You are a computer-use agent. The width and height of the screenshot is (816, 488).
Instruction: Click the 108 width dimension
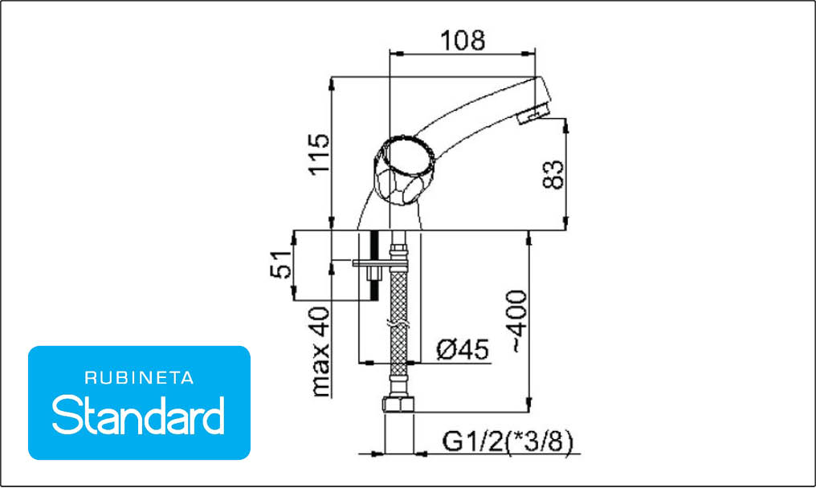pyautogui.click(x=463, y=41)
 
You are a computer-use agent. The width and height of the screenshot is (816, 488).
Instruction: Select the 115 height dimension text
pyautogui.click(x=320, y=155)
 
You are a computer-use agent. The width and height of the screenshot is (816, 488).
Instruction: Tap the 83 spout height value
pyautogui.click(x=553, y=175)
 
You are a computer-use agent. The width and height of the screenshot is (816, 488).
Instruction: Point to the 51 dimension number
pyautogui.click(x=281, y=264)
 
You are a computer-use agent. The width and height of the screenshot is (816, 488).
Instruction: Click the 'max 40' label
pyautogui.click(x=320, y=352)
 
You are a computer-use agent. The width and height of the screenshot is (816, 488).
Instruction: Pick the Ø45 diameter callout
pyautogui.click(x=463, y=349)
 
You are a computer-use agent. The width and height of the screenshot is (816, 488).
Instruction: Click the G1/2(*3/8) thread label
pyautogui.click(x=508, y=441)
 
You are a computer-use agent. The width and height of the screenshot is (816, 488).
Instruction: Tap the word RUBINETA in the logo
pyautogui.click(x=139, y=378)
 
